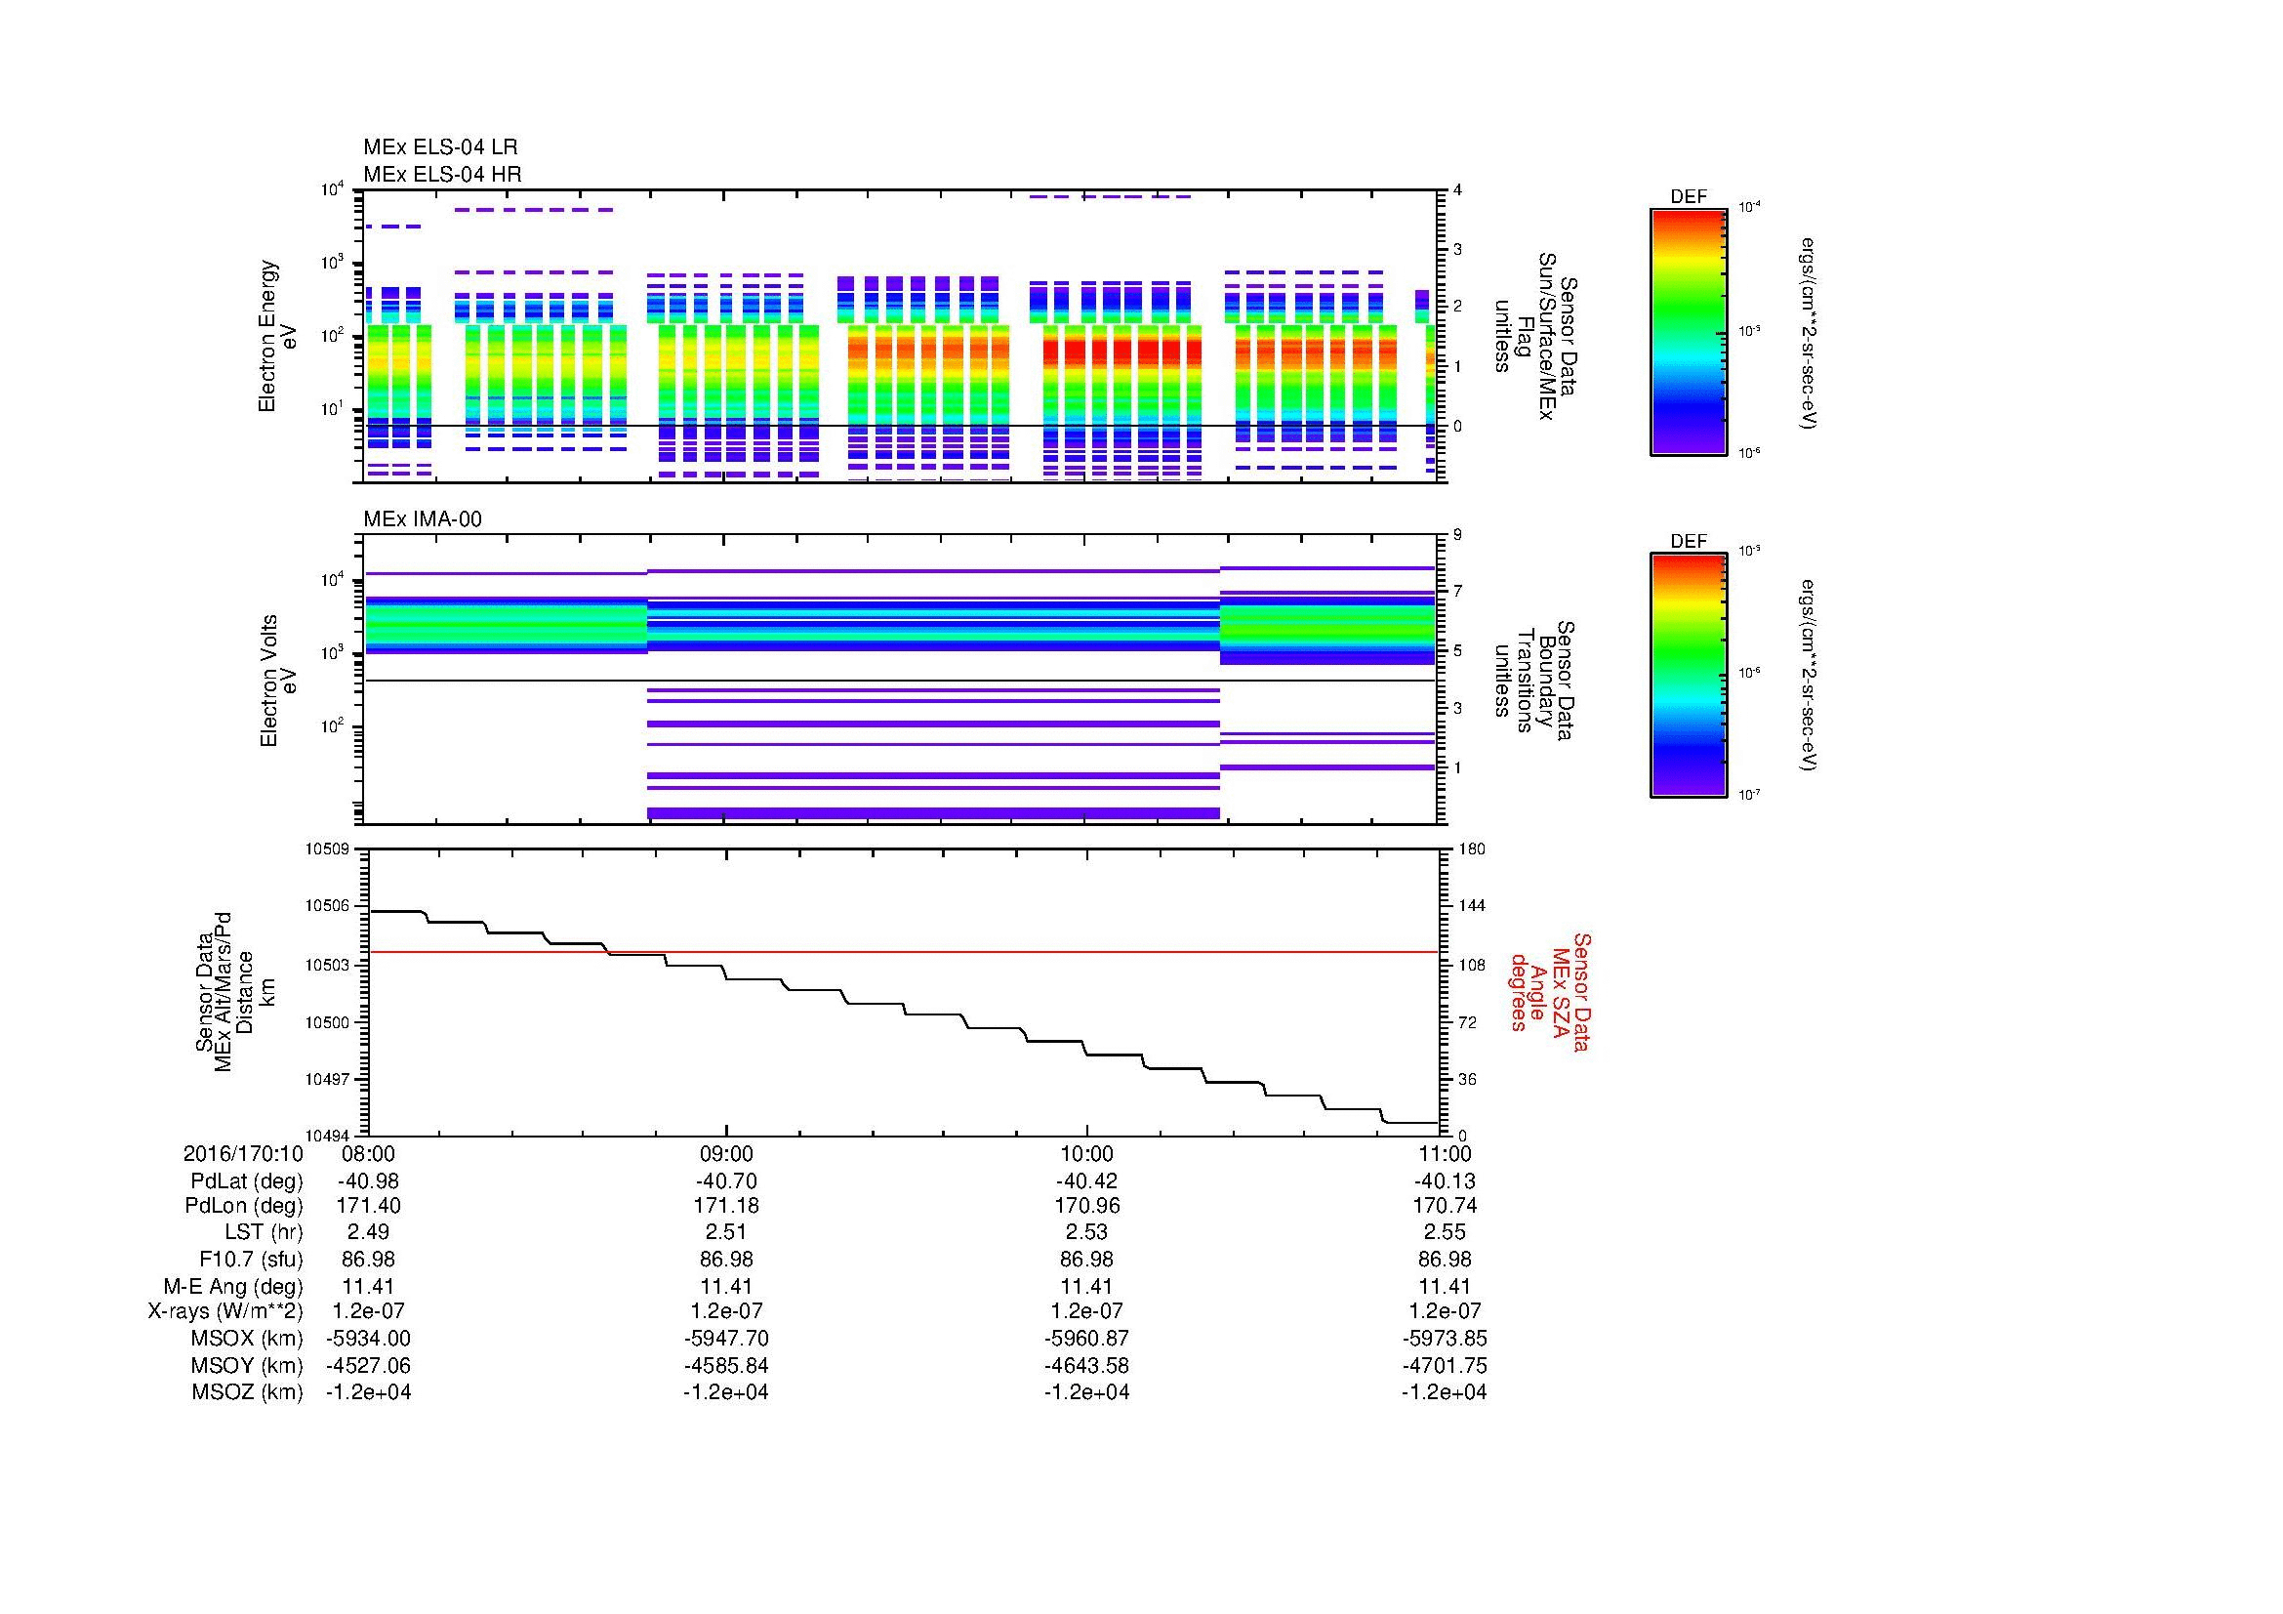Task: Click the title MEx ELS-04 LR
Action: pyautogui.click(x=439, y=148)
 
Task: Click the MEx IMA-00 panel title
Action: pyautogui.click(x=423, y=519)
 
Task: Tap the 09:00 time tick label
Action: pyautogui.click(x=726, y=1154)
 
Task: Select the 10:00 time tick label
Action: pyautogui.click(x=1085, y=1154)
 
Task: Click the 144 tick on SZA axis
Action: pyautogui.click(x=1471, y=906)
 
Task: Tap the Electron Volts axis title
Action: pyautogui.click(x=278, y=681)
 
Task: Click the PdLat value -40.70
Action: pyautogui.click(x=726, y=1181)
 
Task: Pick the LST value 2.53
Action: pyautogui.click(x=1085, y=1233)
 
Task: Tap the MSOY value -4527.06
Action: pyautogui.click(x=368, y=1365)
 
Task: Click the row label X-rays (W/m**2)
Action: pyautogui.click(x=224, y=1311)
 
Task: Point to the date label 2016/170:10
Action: pyautogui.click(x=243, y=1154)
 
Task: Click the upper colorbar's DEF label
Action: pyautogui.click(x=1688, y=197)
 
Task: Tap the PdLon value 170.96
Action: pyautogui.click(x=1085, y=1206)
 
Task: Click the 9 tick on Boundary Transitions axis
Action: pyautogui.click(x=1457, y=535)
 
